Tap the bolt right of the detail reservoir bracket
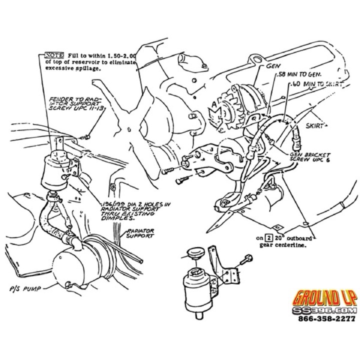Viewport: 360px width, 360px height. coord(248,259)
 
